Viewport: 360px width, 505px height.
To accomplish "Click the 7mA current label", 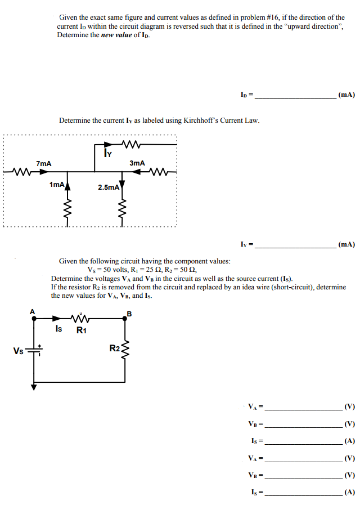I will (x=43, y=163).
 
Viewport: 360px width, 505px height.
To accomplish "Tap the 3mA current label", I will (x=137, y=163).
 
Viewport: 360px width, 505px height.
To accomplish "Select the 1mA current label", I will (x=56, y=184).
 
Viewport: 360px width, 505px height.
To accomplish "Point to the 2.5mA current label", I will (x=108, y=187).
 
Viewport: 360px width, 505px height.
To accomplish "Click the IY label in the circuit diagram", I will (x=107, y=151).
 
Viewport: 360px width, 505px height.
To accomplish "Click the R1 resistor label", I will (x=81, y=330).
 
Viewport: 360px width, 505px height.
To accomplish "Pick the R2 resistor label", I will (x=114, y=348).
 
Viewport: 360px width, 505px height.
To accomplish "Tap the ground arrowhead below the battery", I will (x=34, y=387).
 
